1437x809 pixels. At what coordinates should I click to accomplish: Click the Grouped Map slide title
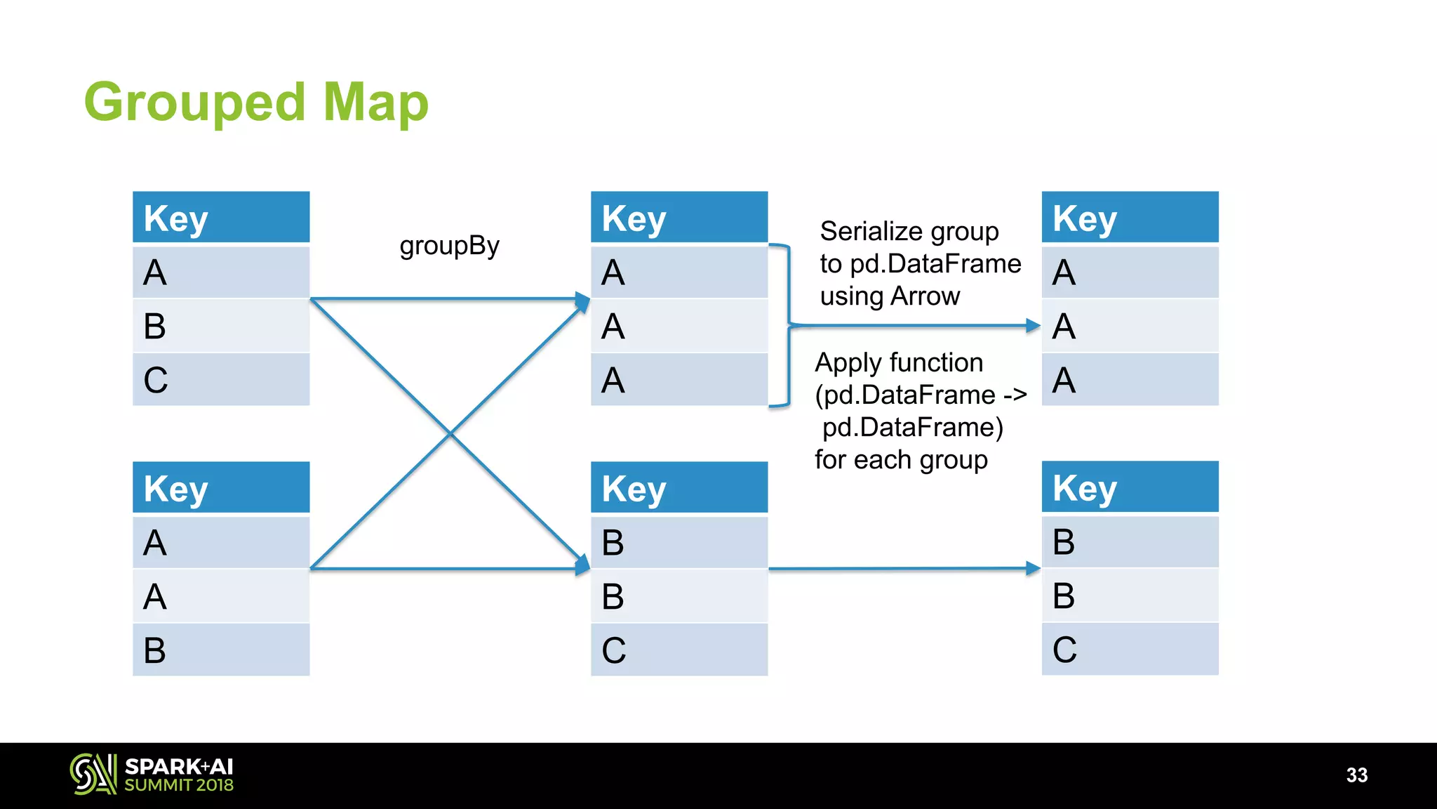coord(256,103)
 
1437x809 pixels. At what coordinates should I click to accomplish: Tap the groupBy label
coord(449,246)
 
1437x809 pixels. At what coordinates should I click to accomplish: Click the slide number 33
coord(1356,775)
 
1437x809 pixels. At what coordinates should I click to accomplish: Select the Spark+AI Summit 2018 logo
coord(152,775)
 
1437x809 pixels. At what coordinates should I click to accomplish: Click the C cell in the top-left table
coord(221,380)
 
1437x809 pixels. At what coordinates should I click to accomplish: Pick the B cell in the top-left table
coord(221,326)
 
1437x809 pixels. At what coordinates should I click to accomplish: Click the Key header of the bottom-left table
coord(221,487)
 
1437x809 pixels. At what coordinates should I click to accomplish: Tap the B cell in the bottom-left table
coord(221,650)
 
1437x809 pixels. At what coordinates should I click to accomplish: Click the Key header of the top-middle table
coord(679,217)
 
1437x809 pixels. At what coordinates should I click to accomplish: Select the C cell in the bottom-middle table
coord(679,650)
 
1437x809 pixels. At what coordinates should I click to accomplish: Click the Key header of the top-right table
coord(1130,217)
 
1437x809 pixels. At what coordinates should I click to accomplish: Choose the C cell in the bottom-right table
coord(1130,649)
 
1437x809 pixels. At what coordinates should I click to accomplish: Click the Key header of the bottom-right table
coord(1130,487)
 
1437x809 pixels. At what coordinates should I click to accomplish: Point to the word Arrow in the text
coord(925,296)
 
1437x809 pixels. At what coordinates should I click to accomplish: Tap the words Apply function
coord(899,363)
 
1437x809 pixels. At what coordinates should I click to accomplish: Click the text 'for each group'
coord(901,460)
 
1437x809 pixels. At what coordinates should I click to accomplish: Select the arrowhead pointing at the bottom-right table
coord(1033,568)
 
